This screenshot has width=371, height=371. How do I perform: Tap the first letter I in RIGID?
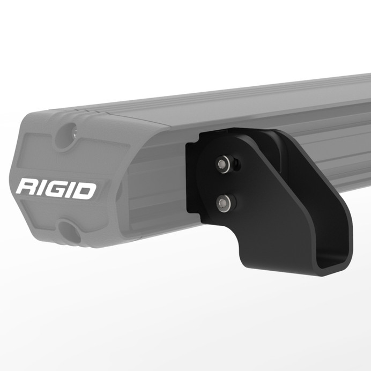(x=41, y=188)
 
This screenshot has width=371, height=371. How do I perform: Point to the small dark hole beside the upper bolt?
(x=235, y=162)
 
